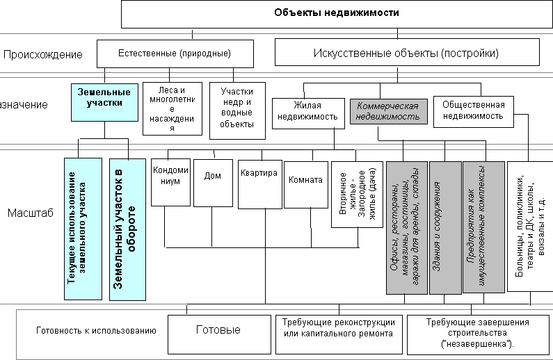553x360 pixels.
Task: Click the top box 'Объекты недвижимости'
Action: click(336, 13)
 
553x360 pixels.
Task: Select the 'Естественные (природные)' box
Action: click(174, 53)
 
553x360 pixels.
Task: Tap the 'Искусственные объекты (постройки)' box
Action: click(406, 53)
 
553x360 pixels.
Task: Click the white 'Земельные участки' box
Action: click(104, 98)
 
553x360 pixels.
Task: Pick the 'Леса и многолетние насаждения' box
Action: click(171, 109)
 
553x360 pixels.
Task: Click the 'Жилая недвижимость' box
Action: click(307, 111)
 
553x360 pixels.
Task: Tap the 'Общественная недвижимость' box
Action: click(473, 111)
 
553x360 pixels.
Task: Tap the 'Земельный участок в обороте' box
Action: click(128, 229)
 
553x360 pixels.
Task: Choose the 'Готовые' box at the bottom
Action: click(218, 331)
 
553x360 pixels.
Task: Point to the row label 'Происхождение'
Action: click(43, 54)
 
